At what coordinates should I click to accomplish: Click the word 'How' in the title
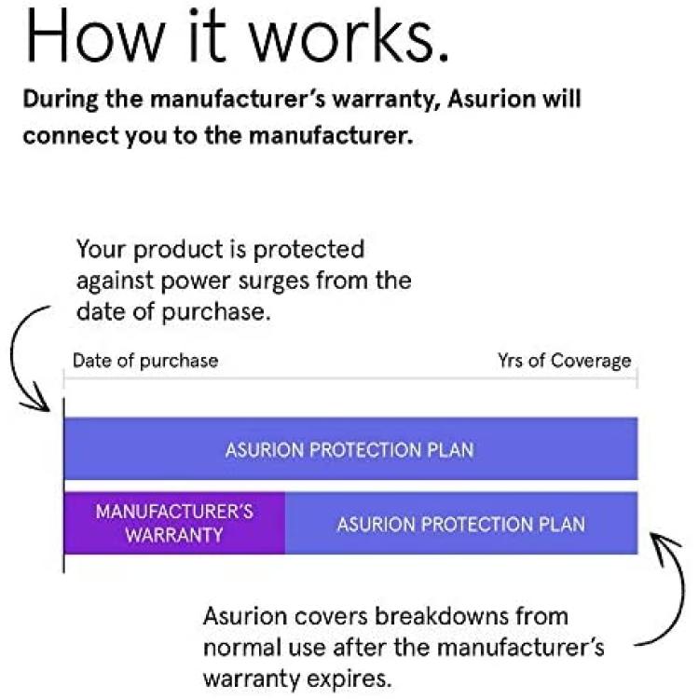point(95,35)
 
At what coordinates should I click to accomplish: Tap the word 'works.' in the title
point(349,35)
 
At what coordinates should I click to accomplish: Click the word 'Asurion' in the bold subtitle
point(490,99)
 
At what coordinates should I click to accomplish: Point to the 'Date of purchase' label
point(145,361)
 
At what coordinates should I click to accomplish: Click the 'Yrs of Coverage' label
point(565,361)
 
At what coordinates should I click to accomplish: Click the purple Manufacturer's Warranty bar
point(175,523)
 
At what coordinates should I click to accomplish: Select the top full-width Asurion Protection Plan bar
point(351,448)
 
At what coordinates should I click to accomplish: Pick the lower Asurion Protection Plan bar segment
point(461,523)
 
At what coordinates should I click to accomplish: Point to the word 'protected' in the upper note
point(308,250)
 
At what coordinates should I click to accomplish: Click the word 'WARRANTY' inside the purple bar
point(174,535)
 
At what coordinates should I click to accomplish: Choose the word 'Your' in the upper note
point(103,249)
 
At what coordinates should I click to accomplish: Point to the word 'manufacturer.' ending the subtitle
point(330,135)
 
